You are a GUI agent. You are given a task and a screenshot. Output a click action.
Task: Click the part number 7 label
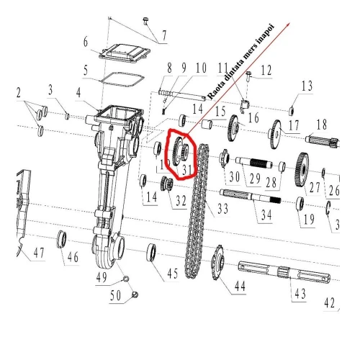(163, 35)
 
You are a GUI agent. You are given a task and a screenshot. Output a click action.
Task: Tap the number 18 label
(321, 123)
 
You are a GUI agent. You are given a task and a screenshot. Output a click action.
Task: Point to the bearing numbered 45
(153, 252)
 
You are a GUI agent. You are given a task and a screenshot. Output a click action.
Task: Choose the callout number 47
(37, 253)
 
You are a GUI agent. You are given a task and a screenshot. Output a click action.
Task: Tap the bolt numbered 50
(134, 294)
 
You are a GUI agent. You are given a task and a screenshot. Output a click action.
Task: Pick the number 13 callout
(307, 87)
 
